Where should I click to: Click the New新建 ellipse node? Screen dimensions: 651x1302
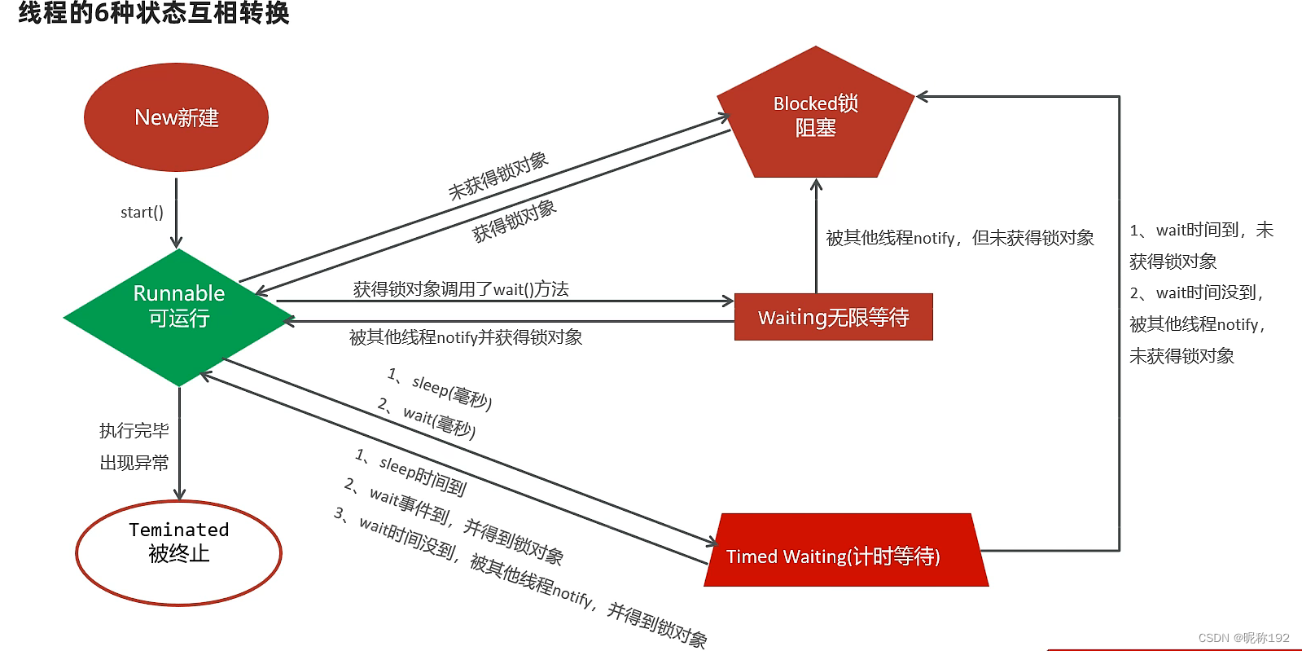coord(176,117)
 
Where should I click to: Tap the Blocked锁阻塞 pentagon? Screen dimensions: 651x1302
coord(815,116)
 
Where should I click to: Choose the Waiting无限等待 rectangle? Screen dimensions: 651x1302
coord(833,317)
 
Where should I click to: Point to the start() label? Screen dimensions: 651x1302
coord(142,213)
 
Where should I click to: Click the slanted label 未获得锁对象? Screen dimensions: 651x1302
coord(498,175)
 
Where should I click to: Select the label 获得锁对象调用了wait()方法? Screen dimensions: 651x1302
coord(461,289)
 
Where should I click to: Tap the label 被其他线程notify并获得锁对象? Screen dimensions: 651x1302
coord(466,337)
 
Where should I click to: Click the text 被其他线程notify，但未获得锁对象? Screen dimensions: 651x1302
coord(959,238)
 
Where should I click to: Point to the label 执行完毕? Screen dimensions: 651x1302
coord(134,430)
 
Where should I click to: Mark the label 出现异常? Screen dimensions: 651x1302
coord(134,463)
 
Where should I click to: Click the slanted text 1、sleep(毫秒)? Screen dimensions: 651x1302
coord(440,388)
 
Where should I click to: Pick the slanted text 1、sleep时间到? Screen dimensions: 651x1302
coord(410,472)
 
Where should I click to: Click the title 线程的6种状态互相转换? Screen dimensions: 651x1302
coord(154,13)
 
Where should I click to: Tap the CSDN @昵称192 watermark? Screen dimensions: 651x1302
coord(1243,638)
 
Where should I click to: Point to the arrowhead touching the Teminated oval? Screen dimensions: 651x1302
coord(179,495)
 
